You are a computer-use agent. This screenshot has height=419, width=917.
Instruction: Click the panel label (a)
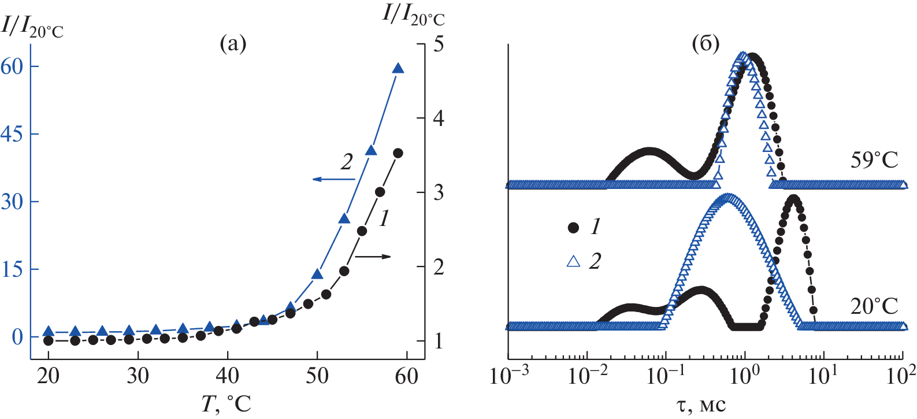click(233, 43)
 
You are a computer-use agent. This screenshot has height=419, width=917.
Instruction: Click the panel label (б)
click(706, 43)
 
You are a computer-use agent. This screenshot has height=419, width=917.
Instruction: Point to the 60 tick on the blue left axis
click(12, 66)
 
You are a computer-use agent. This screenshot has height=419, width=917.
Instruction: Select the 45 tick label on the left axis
click(12, 134)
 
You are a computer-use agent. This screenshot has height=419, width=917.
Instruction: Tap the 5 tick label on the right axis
click(439, 45)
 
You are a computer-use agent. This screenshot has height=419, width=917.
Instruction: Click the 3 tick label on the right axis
click(439, 192)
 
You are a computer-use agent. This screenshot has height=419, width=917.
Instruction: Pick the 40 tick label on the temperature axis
click(227, 376)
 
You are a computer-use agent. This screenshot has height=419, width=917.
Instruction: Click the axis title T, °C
click(226, 404)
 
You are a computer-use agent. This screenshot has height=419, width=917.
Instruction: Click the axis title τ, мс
click(700, 404)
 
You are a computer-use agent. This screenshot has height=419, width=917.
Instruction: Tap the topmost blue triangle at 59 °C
click(398, 68)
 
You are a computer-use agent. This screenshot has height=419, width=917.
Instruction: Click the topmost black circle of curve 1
click(398, 153)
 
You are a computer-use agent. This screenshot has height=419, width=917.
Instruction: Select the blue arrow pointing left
click(333, 179)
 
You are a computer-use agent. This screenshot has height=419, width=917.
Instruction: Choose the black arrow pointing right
click(373, 257)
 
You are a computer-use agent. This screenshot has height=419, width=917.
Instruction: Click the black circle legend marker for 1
click(573, 228)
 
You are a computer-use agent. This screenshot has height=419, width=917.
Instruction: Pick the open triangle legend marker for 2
click(573, 261)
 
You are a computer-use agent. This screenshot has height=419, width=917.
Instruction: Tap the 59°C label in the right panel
click(874, 160)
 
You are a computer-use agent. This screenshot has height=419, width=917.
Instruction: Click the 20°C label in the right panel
click(874, 306)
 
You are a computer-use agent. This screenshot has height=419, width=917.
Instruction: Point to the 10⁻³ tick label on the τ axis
click(508, 376)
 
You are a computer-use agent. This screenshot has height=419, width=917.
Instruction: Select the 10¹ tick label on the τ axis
click(823, 376)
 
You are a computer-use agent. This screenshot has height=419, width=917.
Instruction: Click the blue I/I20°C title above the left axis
click(32, 27)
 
